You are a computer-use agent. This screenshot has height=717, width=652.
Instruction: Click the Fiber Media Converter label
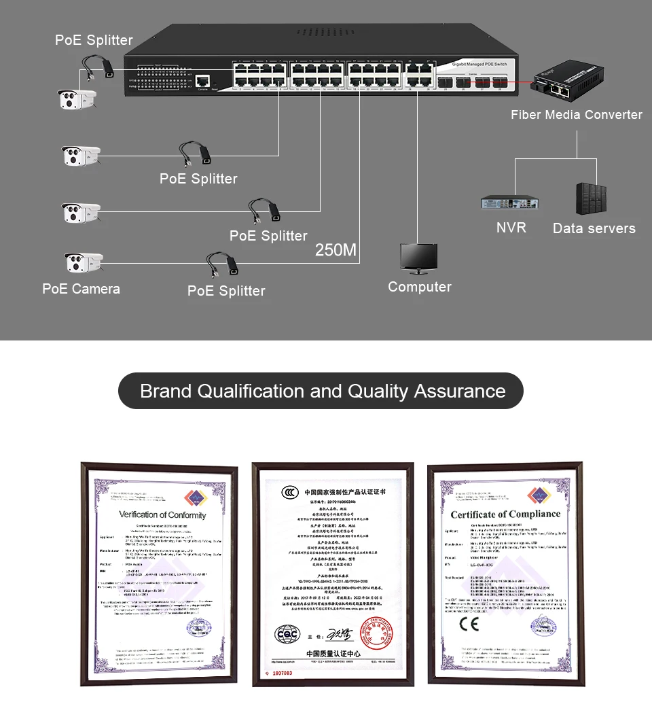point(576,115)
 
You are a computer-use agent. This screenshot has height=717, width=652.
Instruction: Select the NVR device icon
point(510,202)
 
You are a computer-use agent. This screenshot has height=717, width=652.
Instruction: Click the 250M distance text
point(336,250)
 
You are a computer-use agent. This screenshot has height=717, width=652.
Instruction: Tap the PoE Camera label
point(81,289)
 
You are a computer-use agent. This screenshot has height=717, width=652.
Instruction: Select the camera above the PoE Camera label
point(82,263)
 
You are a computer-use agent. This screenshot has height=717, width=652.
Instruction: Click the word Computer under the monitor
point(419,287)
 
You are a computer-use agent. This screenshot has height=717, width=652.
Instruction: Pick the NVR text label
point(511,228)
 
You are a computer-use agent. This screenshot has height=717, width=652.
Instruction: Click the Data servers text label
point(594,228)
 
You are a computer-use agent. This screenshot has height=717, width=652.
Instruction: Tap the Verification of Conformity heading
point(162,514)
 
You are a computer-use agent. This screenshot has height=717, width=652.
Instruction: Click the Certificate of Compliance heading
point(505,514)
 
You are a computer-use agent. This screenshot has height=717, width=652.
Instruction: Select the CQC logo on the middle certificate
point(287,634)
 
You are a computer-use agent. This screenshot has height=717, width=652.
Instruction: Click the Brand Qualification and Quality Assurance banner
point(321,391)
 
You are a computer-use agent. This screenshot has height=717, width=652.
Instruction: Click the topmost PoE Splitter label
point(94,40)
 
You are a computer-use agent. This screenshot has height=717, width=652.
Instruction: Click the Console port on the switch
point(201,81)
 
